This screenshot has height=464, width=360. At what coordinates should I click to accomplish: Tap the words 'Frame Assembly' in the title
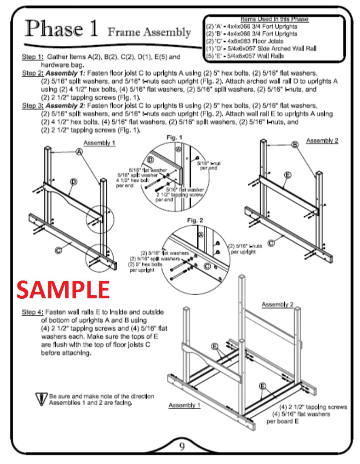(x=149, y=32)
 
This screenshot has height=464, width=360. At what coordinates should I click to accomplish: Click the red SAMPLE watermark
(x=63, y=290)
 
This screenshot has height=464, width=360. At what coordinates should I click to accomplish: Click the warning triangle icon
(x=42, y=399)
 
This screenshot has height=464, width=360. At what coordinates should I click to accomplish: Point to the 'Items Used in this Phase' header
(x=274, y=19)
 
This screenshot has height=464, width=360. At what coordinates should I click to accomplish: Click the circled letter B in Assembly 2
(x=295, y=145)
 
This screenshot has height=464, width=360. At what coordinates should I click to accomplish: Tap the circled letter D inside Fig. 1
(x=151, y=160)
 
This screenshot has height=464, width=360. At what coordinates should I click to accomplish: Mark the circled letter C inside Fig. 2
(x=207, y=266)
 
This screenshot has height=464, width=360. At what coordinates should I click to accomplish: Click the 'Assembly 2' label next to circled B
(x=321, y=140)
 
